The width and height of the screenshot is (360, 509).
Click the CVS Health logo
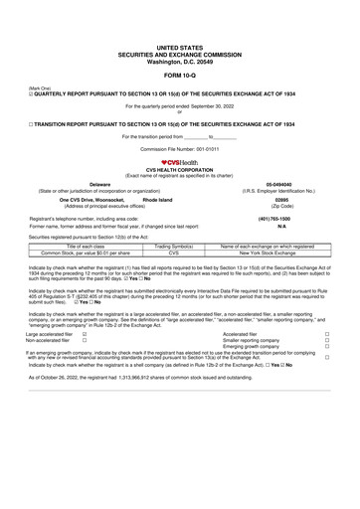[x=179, y=162]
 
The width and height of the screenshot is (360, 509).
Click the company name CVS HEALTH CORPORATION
[x=179, y=170]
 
